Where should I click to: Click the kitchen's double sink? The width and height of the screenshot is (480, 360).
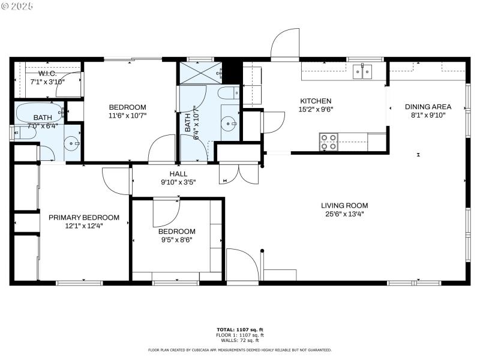(x=362, y=73)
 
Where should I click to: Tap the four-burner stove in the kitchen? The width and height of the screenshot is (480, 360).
(x=329, y=142)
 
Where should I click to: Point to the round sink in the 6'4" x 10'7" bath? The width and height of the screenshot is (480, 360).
(x=229, y=123)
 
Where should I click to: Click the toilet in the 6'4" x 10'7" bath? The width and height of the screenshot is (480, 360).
(x=227, y=93)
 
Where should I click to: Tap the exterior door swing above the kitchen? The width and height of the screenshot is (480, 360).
(x=284, y=46)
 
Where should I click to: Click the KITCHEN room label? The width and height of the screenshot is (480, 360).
(x=315, y=101)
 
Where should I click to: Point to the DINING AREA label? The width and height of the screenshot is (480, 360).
(x=428, y=107)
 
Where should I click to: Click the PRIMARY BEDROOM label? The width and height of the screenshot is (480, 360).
(x=84, y=217)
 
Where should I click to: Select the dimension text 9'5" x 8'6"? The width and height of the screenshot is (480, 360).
(x=176, y=239)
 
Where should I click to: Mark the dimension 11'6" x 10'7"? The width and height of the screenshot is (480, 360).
(x=127, y=115)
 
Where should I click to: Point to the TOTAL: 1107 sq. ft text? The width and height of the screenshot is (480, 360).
(x=239, y=329)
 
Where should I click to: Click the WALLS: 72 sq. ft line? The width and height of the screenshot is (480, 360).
(x=239, y=340)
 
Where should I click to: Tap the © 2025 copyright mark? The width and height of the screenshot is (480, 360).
(x=17, y=5)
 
